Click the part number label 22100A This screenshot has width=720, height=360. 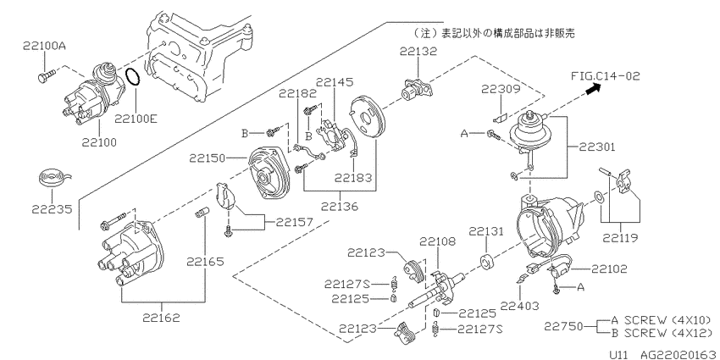(x=43, y=46)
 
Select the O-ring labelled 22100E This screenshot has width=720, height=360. (x=133, y=77)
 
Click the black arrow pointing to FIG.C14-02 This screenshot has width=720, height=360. (x=593, y=90)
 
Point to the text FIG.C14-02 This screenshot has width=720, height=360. (x=605, y=75)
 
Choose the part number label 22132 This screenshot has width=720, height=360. (x=418, y=51)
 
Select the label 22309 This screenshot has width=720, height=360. (x=501, y=89)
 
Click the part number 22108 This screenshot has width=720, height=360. (x=438, y=241)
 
